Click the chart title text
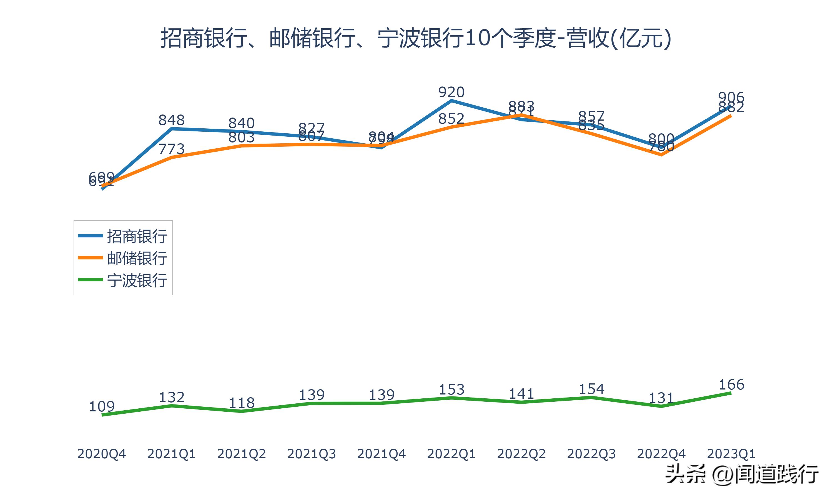(x=416, y=38)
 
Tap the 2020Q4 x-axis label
(x=101, y=454)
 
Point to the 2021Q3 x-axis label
(x=312, y=454)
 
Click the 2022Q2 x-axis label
(x=521, y=454)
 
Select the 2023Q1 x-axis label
(x=731, y=454)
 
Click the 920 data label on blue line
(x=451, y=92)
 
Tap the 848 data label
(x=171, y=120)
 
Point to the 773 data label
(x=171, y=149)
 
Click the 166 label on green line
(x=731, y=385)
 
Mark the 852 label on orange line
(x=451, y=119)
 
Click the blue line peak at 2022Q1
(x=451, y=100)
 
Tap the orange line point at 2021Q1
(x=172, y=157)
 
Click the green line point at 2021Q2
(x=241, y=411)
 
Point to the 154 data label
(x=591, y=389)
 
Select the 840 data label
(x=241, y=123)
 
